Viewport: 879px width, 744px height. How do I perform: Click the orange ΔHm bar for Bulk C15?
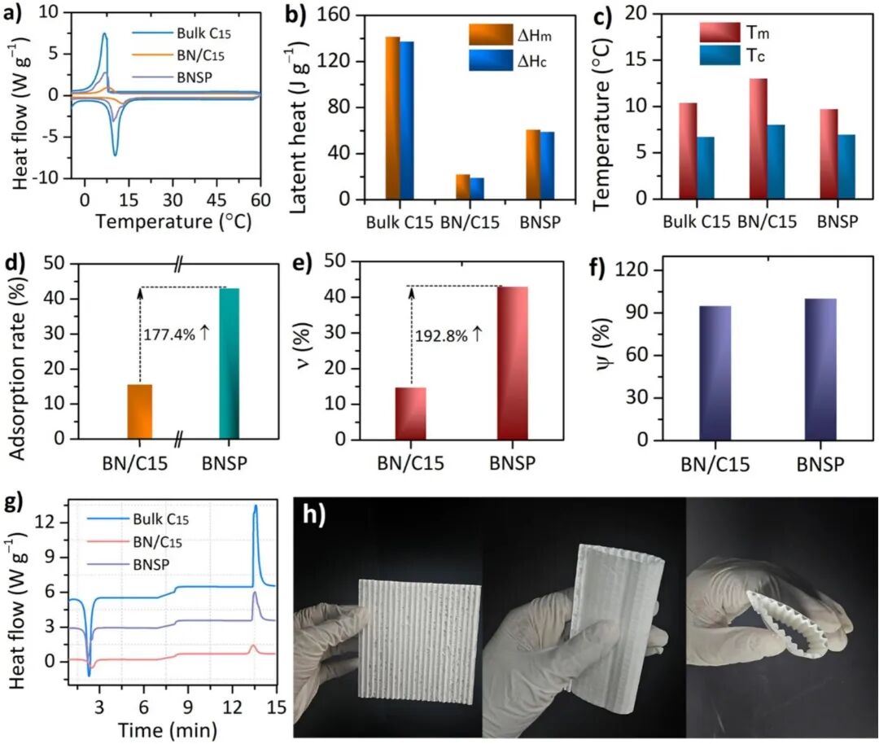[x=392, y=118]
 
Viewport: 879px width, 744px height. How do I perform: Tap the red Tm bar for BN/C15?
[x=758, y=138]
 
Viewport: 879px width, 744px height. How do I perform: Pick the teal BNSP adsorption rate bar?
[x=229, y=363]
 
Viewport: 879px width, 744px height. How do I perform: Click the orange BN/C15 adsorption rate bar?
[x=140, y=412]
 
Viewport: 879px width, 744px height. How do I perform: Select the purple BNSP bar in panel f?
[x=820, y=370]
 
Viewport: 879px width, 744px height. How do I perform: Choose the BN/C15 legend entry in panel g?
[x=134, y=542]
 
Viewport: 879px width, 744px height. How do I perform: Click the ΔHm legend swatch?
[x=491, y=34]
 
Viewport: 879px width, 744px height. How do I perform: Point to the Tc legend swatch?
[x=719, y=55]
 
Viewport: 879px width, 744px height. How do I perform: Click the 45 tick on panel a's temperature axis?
[x=216, y=200]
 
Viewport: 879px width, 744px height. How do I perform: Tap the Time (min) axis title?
[x=167, y=730]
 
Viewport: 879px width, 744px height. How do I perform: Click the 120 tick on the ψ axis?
[x=632, y=270]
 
